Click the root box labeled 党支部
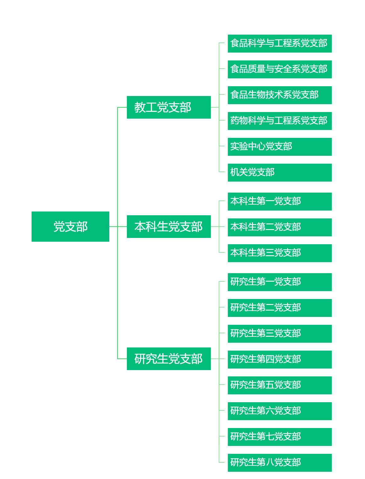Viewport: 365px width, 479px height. pos(70,227)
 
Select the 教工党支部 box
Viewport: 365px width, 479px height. pos(169,107)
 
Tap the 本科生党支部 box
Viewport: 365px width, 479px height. pos(169,227)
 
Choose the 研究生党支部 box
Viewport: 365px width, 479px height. pos(169,359)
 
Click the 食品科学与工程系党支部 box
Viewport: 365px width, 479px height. pos(280,43)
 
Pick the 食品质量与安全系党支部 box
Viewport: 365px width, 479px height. pos(280,69)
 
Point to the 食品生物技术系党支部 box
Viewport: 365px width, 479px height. pos(280,95)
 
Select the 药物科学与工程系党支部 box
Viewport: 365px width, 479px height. pos(280,121)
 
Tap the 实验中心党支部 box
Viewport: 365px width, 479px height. pos(280,147)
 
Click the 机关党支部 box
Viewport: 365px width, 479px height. pos(280,172)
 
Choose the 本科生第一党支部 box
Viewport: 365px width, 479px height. pos(280,201)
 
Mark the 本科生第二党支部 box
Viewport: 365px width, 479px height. pos(280,227)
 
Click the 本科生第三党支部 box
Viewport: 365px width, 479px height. pos(280,253)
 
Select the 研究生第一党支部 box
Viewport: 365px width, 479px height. pos(280,282)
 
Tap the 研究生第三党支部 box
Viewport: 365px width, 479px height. pos(280,334)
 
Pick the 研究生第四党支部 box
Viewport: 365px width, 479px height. pos(280,359)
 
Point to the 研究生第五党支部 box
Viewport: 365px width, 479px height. pos(280,385)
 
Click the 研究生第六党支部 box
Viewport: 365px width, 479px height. pos(280,411)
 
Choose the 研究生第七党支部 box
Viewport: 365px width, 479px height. pos(280,437)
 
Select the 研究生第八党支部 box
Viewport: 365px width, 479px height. pos(280,463)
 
